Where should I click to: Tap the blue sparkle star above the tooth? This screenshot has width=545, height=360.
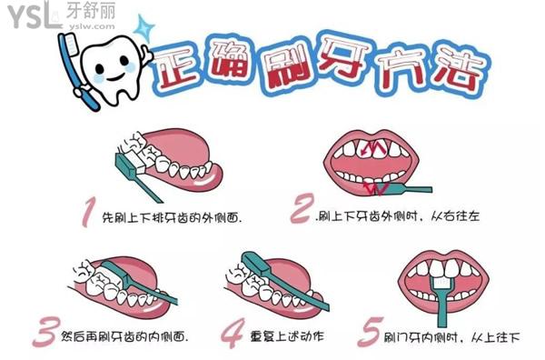coord(144,28)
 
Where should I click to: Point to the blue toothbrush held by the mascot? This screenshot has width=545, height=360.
coord(77,71)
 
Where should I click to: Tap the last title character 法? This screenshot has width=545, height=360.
coord(458,71)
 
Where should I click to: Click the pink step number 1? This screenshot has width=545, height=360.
coord(88,212)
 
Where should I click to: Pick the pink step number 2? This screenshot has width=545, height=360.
coord(302,209)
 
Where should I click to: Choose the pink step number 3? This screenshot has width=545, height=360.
coord(45,332)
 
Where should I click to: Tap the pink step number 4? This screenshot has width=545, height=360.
coord(233,333)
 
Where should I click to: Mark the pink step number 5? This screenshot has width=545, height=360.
coord(371,332)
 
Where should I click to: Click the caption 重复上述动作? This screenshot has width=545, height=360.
coord(287,336)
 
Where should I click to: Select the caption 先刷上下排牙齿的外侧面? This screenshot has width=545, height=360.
coord(172,218)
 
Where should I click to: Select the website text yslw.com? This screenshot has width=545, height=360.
coord(92,26)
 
